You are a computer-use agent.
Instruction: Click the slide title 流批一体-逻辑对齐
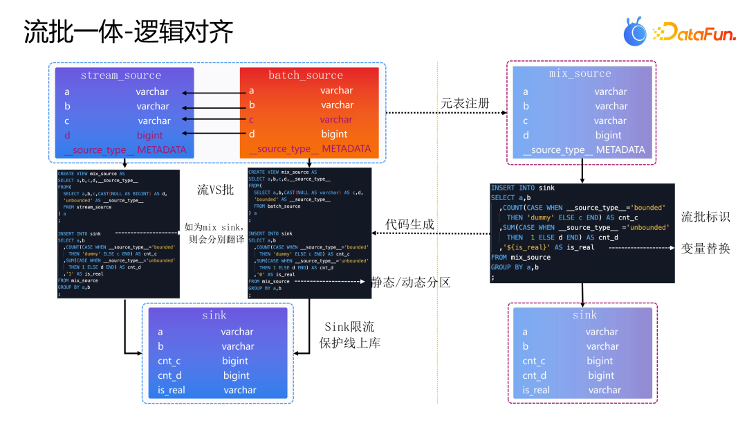(x=129, y=32)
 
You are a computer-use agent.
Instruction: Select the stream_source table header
(x=120, y=75)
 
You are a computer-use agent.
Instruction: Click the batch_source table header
(x=305, y=75)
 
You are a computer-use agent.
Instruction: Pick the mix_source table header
(x=580, y=73)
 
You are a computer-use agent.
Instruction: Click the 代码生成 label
(x=409, y=224)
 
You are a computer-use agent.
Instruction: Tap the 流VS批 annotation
(x=216, y=190)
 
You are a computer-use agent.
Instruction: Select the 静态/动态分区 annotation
(x=410, y=282)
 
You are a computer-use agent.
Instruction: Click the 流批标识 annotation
(x=705, y=217)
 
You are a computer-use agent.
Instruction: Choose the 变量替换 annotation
(x=705, y=247)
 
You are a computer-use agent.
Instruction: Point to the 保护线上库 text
(x=349, y=343)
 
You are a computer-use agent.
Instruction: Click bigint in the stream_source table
(x=150, y=135)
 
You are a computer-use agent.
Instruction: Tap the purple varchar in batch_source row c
(x=336, y=119)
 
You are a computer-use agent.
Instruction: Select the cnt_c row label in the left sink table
(x=169, y=361)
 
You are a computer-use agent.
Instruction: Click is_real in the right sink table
(x=536, y=390)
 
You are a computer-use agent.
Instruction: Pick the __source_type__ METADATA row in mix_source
(x=584, y=150)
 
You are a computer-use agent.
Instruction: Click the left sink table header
(x=214, y=316)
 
